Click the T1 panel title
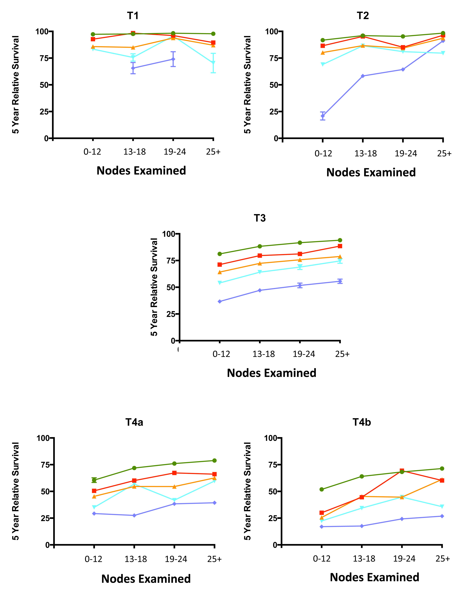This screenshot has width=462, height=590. pos(133,16)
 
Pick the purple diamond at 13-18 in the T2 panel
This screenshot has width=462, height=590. pos(363,76)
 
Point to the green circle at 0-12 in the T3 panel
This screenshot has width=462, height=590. pos(220,254)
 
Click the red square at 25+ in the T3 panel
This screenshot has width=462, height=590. pos(340,246)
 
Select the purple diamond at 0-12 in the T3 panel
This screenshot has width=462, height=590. pos(220,301)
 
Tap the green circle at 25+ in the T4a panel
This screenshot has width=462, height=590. pos(214,461)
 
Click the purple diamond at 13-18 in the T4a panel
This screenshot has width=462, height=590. pos(134,515)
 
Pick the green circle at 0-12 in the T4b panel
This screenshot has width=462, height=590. pos(322,489)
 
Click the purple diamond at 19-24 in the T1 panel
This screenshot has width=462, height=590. pos(173,59)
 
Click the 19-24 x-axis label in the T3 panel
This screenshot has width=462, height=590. pos(304,354)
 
